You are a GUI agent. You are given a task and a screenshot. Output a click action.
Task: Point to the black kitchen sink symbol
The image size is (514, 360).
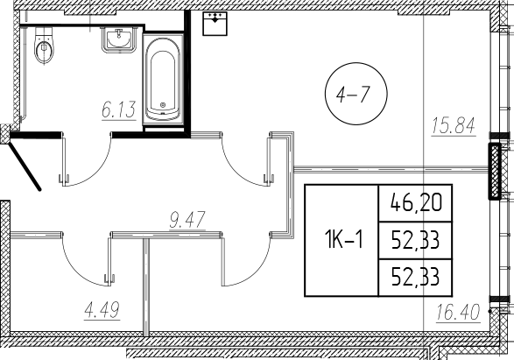[x=214, y=24]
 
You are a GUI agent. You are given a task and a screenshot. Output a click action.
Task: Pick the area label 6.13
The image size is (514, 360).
[x=114, y=109]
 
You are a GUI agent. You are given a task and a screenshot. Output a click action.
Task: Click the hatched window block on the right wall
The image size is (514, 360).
[x=496, y=171]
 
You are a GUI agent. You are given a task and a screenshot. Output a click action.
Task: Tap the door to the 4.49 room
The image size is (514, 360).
[x=85, y=258]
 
